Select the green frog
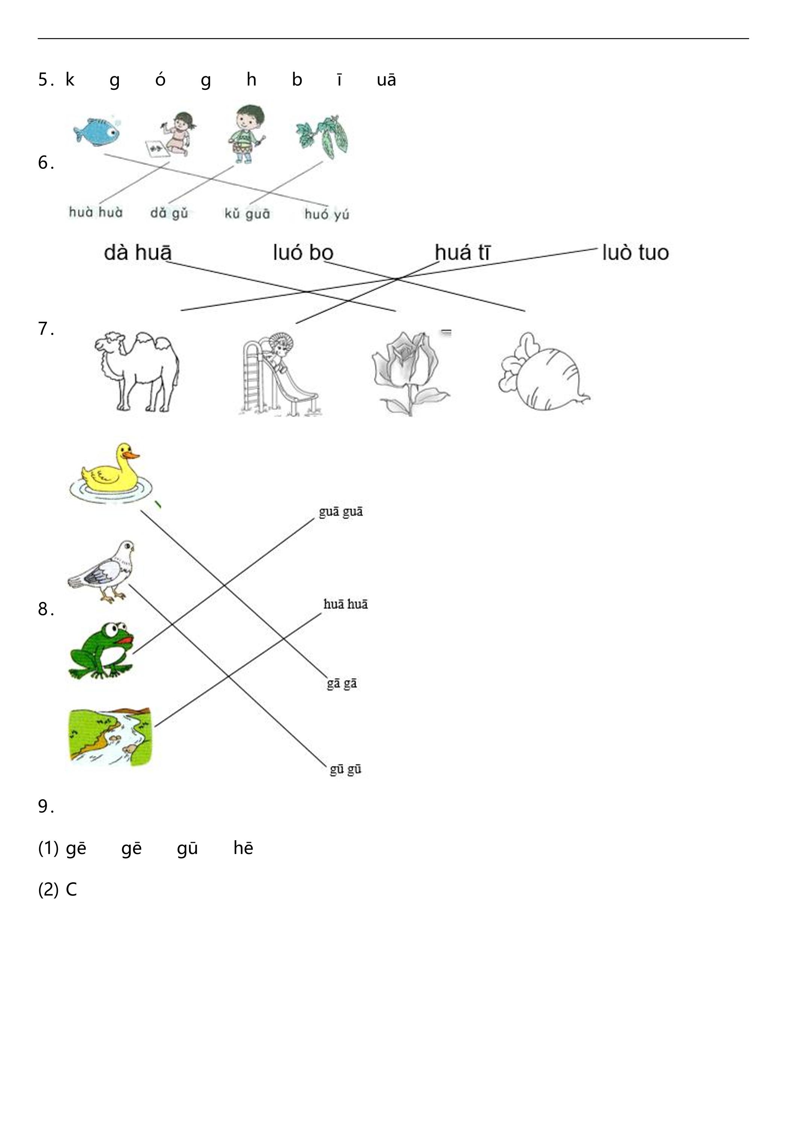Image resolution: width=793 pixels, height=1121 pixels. [102, 650]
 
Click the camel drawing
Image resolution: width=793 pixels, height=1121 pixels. [137, 373]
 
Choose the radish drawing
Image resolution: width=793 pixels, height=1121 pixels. [543, 371]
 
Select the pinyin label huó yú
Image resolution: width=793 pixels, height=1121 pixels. [327, 214]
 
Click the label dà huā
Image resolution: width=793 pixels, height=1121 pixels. [138, 252]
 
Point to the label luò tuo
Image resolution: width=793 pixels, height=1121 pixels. [635, 252]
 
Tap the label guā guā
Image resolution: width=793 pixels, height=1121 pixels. [341, 512]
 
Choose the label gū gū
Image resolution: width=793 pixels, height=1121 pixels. [346, 770]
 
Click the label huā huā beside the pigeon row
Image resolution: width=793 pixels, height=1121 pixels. [346, 604]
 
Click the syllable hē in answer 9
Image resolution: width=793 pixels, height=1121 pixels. [243, 848]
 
